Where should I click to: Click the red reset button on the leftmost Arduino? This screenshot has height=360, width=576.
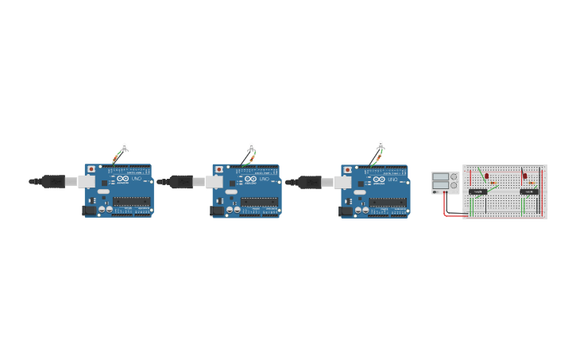tap(91, 169)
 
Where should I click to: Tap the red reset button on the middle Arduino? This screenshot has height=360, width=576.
tap(219, 169)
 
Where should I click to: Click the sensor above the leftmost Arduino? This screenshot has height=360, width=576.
tap(124, 146)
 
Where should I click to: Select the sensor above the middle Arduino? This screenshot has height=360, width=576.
tap(252, 146)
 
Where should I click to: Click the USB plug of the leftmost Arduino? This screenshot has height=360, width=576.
tap(53, 181)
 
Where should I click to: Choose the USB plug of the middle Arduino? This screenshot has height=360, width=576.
tap(181, 181)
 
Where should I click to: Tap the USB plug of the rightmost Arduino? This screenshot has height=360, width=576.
tap(310, 181)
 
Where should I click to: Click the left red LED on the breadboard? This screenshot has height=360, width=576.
tap(486, 176)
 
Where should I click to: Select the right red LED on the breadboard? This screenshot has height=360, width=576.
tap(524, 176)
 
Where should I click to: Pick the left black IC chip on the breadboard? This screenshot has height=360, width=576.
tap(478, 192)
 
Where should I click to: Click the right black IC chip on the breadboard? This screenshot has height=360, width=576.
tap(528, 192)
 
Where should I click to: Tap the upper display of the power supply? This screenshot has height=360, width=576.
tap(440, 176)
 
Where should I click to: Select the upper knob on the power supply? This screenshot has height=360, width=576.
tap(454, 176)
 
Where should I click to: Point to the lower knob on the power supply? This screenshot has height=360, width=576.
tap(454, 185)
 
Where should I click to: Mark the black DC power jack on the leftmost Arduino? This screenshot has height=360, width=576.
tap(90, 211)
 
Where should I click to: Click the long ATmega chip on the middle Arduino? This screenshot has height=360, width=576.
tap(260, 202)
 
